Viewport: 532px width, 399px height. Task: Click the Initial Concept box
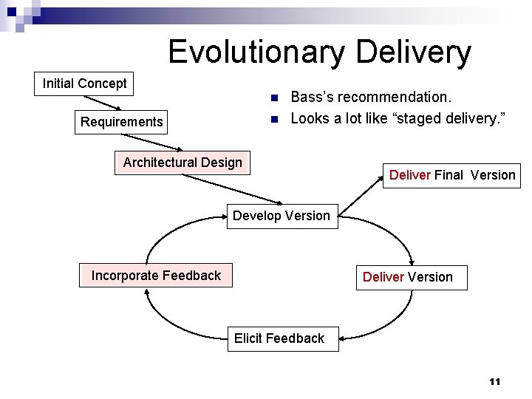point(85,83)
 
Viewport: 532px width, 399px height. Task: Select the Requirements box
point(122,122)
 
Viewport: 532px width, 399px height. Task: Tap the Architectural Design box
point(183,163)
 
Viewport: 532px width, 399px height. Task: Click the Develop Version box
point(282,216)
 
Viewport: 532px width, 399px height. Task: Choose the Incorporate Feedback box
point(156,276)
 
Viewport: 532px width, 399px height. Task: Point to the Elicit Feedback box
point(279,338)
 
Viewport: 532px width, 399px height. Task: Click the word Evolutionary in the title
point(256,52)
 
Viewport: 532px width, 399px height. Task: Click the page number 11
point(494,382)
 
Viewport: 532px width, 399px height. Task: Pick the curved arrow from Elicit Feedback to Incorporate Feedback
point(177,321)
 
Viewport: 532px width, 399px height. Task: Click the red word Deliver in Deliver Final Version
point(409,175)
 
